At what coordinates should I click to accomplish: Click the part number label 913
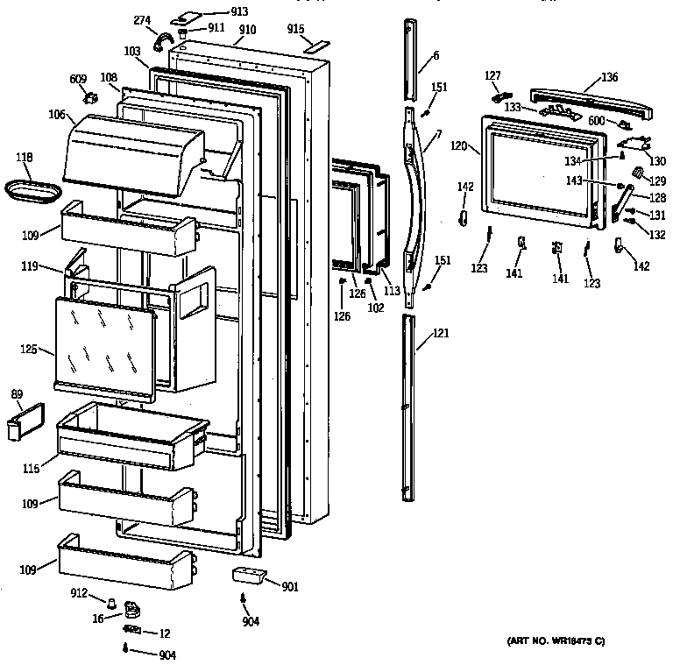tap(215, 11)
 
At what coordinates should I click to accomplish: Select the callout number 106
tap(57, 113)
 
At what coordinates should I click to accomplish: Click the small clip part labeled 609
tap(89, 98)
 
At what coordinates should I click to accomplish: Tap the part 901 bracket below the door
tap(247, 576)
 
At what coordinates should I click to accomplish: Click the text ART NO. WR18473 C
tap(556, 642)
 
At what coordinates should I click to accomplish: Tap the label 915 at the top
tap(296, 29)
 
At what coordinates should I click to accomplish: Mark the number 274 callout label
tap(141, 20)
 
